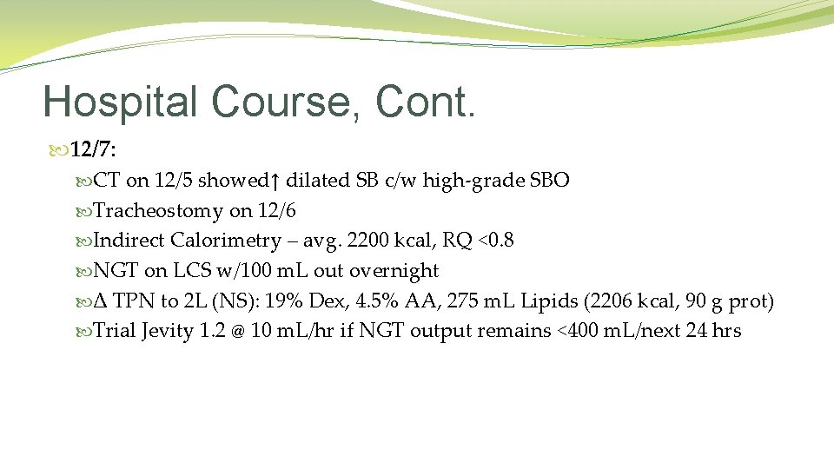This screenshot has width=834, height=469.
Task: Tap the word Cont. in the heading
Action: click(x=426, y=102)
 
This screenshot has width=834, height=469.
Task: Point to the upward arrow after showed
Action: click(x=275, y=181)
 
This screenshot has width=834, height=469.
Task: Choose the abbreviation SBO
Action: click(x=550, y=181)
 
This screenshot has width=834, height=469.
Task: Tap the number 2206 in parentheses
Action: click(x=611, y=301)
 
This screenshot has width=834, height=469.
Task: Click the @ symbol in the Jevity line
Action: click(x=236, y=332)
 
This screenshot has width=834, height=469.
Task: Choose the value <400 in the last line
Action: click(x=576, y=331)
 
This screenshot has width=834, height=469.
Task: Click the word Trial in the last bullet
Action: click(x=114, y=331)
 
